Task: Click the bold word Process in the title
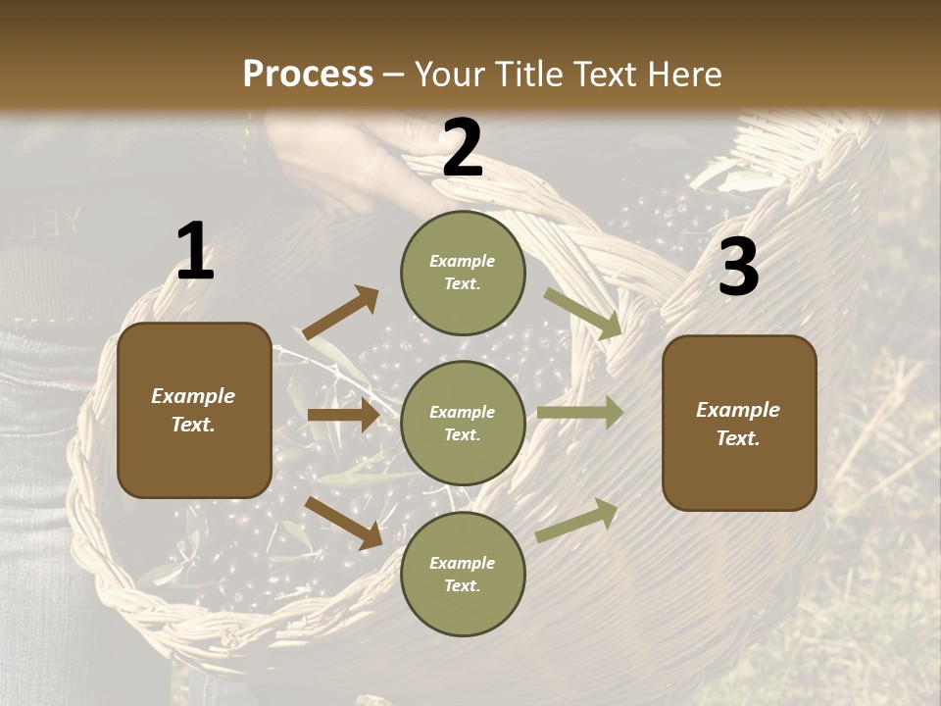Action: pos(308,74)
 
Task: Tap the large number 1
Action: pos(195,252)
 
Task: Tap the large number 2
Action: pos(462,148)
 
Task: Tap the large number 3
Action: pos(738,267)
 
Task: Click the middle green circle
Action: pos(463,423)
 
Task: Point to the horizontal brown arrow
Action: pos(343,415)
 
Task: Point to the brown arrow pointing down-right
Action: pos(344,522)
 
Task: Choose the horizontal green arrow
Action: pos(580,412)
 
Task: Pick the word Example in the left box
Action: pos(193,396)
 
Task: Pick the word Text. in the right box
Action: pos(738,438)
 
